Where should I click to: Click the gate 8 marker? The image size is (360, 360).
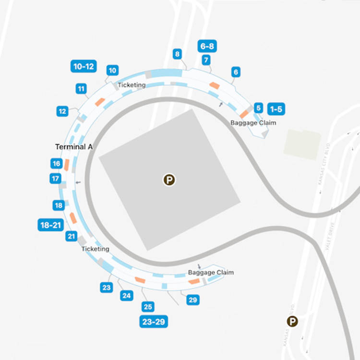(x=178, y=54)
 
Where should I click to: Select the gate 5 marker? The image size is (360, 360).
(x=259, y=108)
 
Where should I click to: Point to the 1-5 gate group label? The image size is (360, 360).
(x=276, y=108)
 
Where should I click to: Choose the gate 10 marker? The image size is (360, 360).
(x=112, y=71)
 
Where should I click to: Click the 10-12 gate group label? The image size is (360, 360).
(x=84, y=66)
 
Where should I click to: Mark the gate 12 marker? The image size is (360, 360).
(x=62, y=111)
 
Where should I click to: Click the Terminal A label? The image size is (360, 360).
(x=73, y=147)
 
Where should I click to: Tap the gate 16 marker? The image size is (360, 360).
(x=56, y=164)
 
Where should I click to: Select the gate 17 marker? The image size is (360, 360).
(x=56, y=179)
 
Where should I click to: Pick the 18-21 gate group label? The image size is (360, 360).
(x=51, y=225)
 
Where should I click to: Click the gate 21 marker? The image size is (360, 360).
(x=72, y=236)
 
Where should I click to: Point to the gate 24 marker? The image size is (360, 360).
(x=127, y=296)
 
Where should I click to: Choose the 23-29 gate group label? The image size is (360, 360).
(x=154, y=322)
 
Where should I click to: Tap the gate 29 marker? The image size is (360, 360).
(x=192, y=300)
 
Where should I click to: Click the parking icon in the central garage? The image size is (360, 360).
(x=169, y=180)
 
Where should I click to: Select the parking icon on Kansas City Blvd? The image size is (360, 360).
(x=292, y=322)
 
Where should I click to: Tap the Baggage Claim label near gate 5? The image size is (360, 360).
(x=253, y=123)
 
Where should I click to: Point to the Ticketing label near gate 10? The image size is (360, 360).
(x=132, y=85)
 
